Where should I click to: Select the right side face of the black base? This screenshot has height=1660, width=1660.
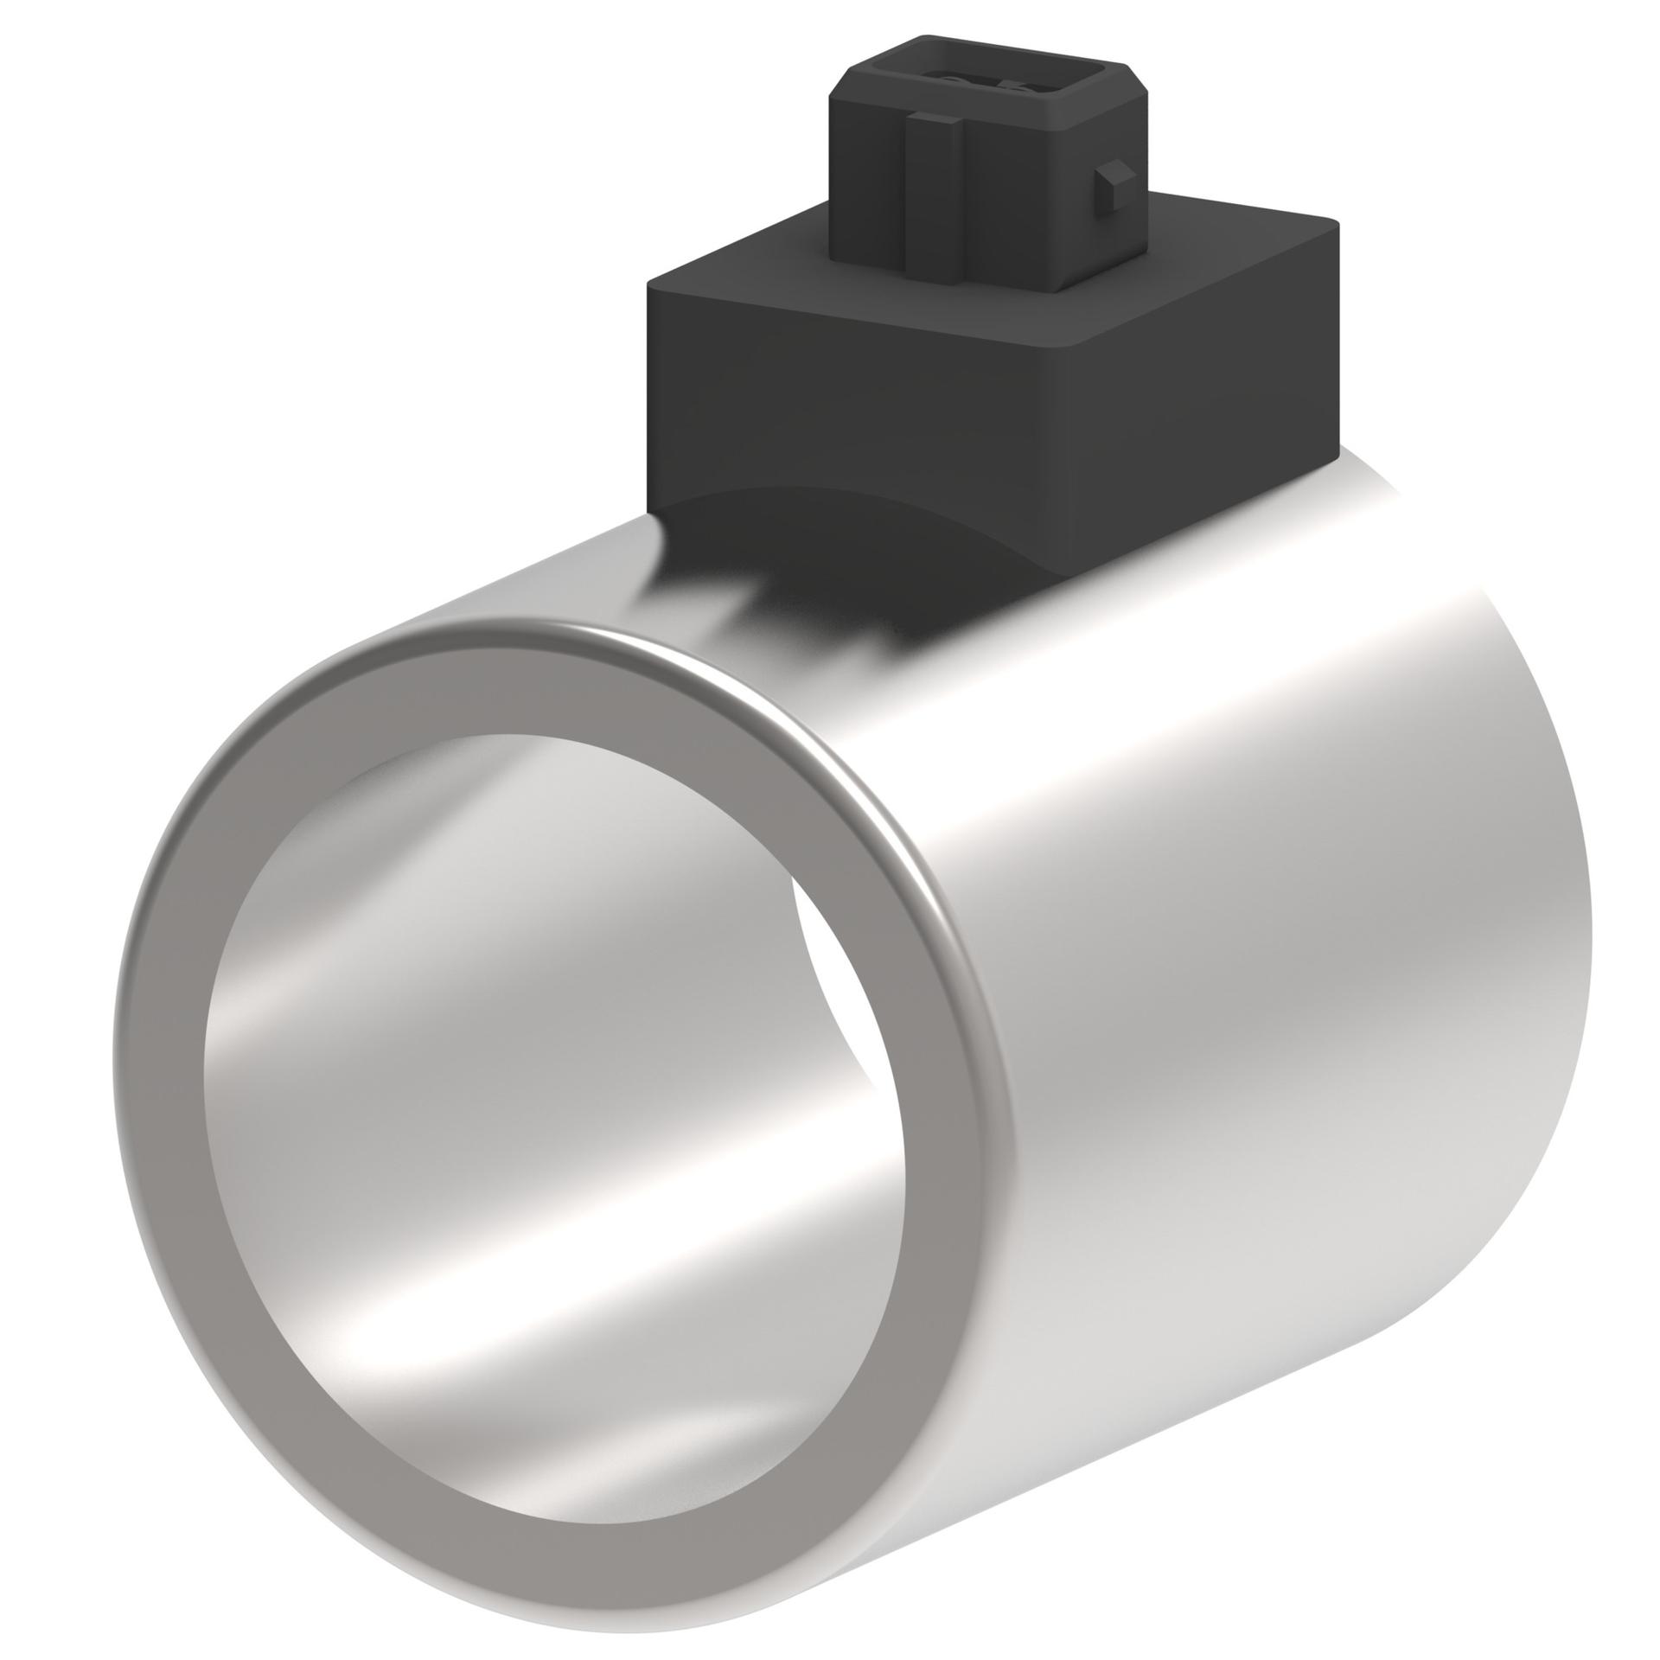click(1202, 337)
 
